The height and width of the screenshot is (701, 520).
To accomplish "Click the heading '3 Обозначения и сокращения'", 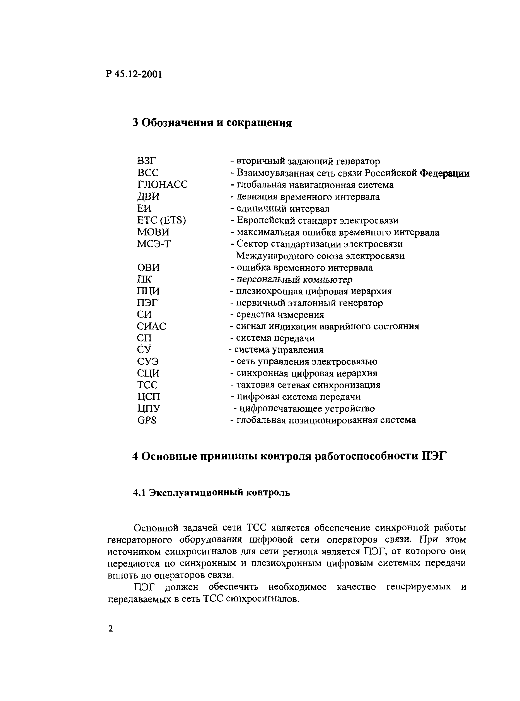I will [212, 123].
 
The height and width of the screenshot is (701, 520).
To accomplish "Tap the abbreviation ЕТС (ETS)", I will [161, 220].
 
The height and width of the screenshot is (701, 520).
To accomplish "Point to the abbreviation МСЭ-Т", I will [154, 244].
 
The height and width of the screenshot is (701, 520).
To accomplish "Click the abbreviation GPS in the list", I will [147, 420].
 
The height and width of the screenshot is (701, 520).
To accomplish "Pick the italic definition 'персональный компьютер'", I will [294, 279].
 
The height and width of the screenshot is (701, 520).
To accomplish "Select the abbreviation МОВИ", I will [153, 232].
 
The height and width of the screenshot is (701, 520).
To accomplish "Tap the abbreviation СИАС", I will [151, 326].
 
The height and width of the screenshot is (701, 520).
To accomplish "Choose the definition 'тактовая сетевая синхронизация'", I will [308, 385].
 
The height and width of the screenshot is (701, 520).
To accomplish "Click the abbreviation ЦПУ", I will [149, 409].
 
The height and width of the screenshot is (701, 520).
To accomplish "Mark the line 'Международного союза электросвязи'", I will [320, 256].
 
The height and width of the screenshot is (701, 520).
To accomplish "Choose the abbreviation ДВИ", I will [148, 196].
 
